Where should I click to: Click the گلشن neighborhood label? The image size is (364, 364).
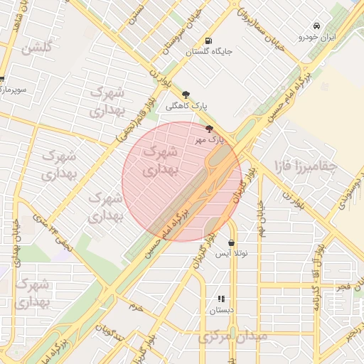37,48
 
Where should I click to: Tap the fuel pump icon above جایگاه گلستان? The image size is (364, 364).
208,41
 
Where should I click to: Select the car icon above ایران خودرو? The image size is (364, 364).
326,26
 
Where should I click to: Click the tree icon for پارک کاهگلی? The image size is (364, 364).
186,94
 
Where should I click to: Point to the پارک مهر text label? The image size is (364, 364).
209,140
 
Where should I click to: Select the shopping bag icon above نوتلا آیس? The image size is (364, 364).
232,242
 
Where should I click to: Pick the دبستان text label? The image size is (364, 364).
220,311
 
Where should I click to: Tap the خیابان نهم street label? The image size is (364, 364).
262,220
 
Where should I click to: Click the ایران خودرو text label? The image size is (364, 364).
317,36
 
